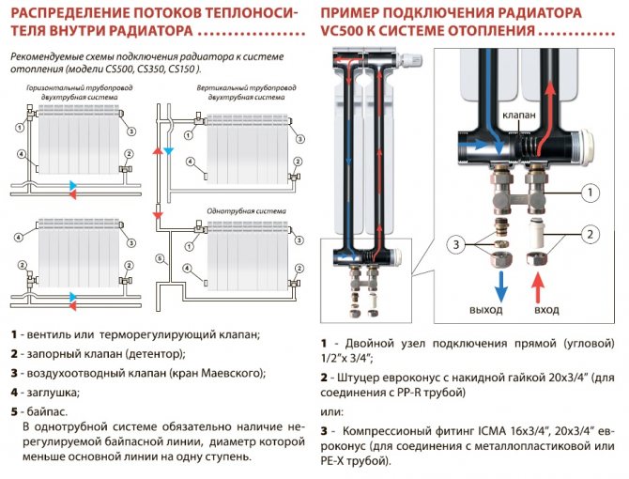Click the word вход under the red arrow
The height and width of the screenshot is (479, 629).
coord(545,310)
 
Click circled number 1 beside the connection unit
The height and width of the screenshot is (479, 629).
coord(588,194)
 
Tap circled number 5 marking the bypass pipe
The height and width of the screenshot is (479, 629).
coord(161,258)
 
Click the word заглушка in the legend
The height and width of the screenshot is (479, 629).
coord(52,392)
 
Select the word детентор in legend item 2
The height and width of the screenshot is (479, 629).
coord(155,354)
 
